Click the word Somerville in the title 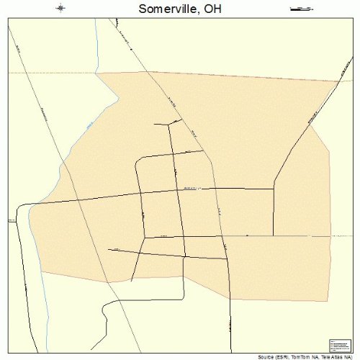click(x=163, y=9)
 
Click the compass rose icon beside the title click(x=60, y=9)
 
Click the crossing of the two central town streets click(x=178, y=190)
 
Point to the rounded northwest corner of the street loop click(x=139, y=159)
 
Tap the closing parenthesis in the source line click(x=351, y=356)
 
